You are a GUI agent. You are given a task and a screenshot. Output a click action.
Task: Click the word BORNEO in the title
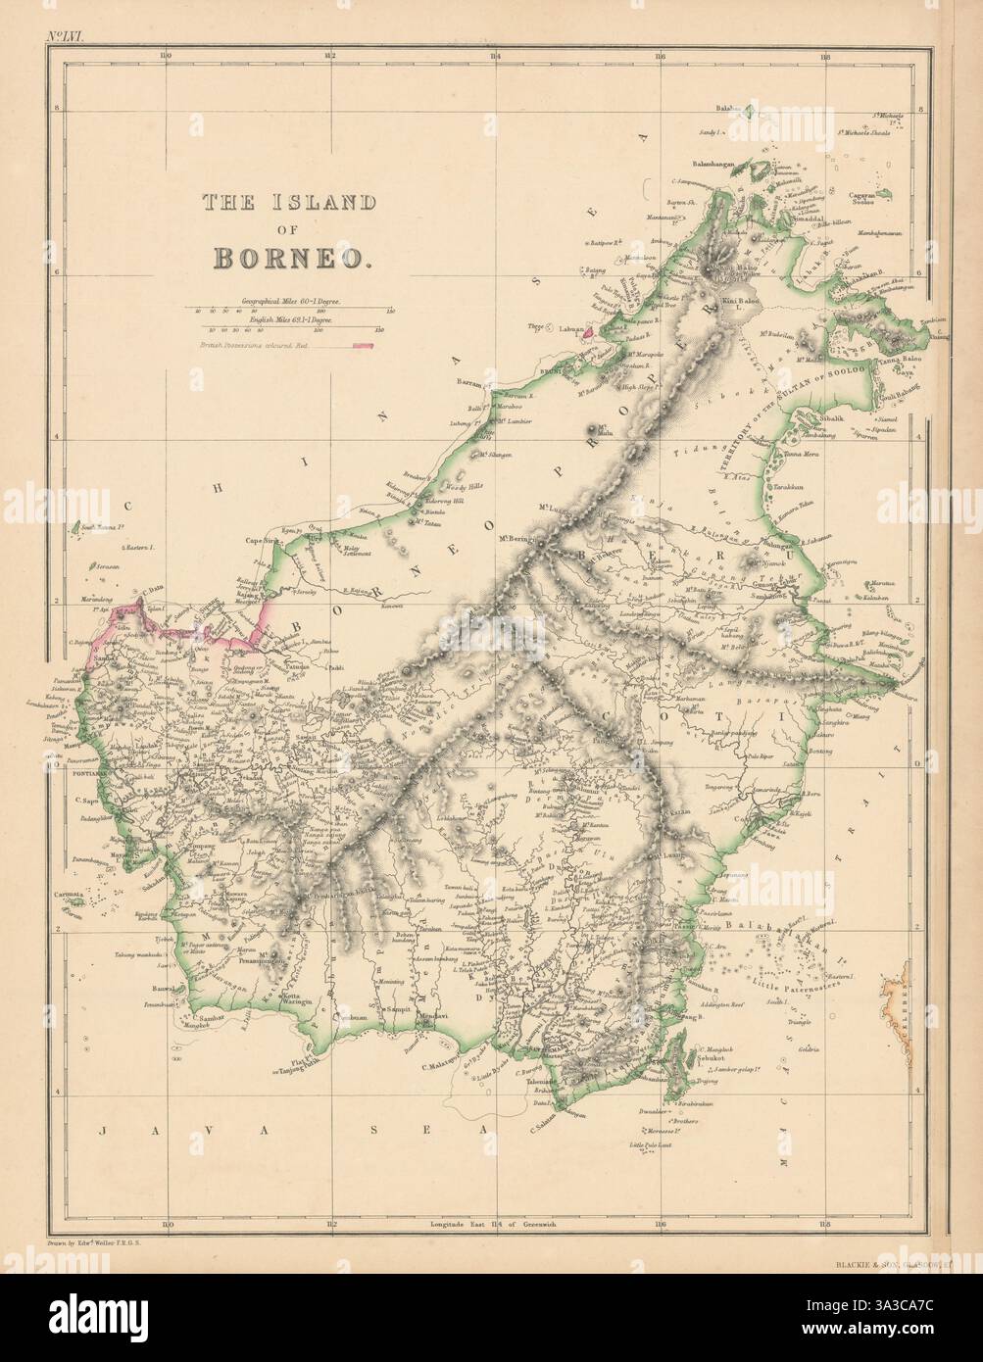292,257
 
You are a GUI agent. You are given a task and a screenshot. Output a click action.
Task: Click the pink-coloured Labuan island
588,331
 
